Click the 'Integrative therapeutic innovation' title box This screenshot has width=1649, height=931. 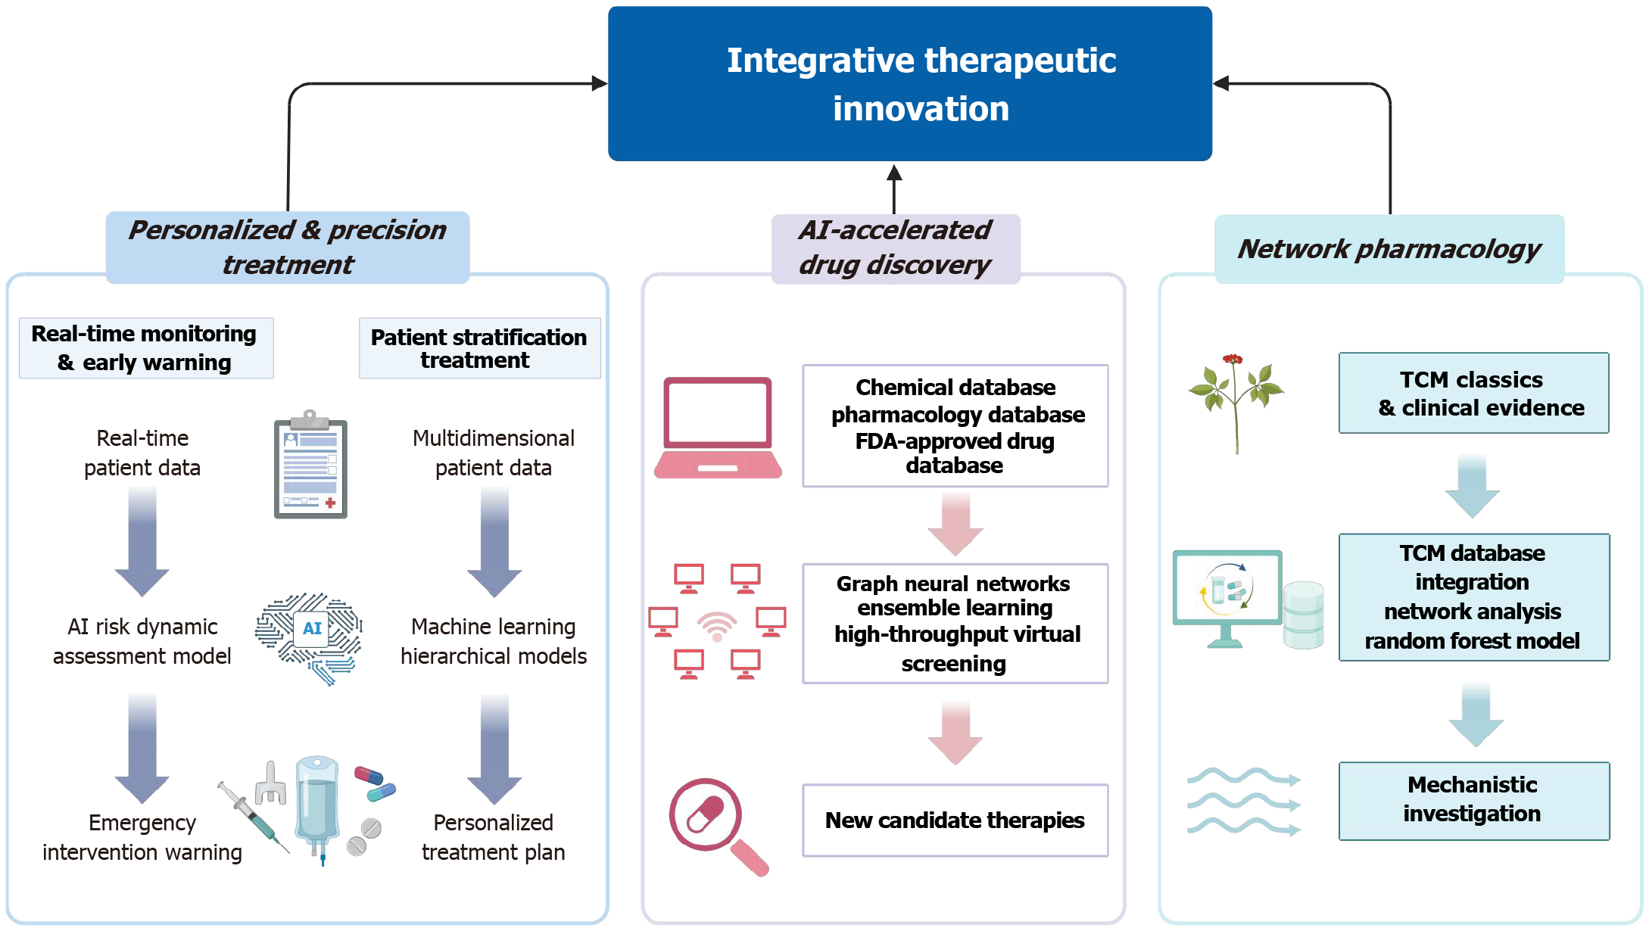click(x=909, y=83)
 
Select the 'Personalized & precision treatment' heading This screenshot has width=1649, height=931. click(x=288, y=248)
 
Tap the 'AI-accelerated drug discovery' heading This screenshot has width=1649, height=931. click(x=896, y=248)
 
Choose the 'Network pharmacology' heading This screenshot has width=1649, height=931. click(x=1389, y=249)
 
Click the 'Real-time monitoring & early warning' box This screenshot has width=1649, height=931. click(x=145, y=348)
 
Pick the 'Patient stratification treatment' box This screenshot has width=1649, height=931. click(x=479, y=348)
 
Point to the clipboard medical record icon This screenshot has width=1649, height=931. click(x=310, y=465)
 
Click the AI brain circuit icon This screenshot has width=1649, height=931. click(x=310, y=638)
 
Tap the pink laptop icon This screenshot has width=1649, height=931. click(x=718, y=428)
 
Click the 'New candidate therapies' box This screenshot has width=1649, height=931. click(x=955, y=820)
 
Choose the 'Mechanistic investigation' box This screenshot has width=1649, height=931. click(x=1473, y=801)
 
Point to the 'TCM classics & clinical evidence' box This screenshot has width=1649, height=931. click(x=1473, y=393)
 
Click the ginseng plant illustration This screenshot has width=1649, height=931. click(x=1236, y=403)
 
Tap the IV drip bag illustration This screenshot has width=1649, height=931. click(x=317, y=808)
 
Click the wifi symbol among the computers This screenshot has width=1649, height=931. click(x=716, y=626)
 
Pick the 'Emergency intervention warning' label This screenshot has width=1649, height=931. click(x=142, y=837)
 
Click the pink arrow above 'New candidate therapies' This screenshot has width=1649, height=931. click(x=955, y=732)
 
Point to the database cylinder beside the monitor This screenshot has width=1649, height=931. click(x=1303, y=615)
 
